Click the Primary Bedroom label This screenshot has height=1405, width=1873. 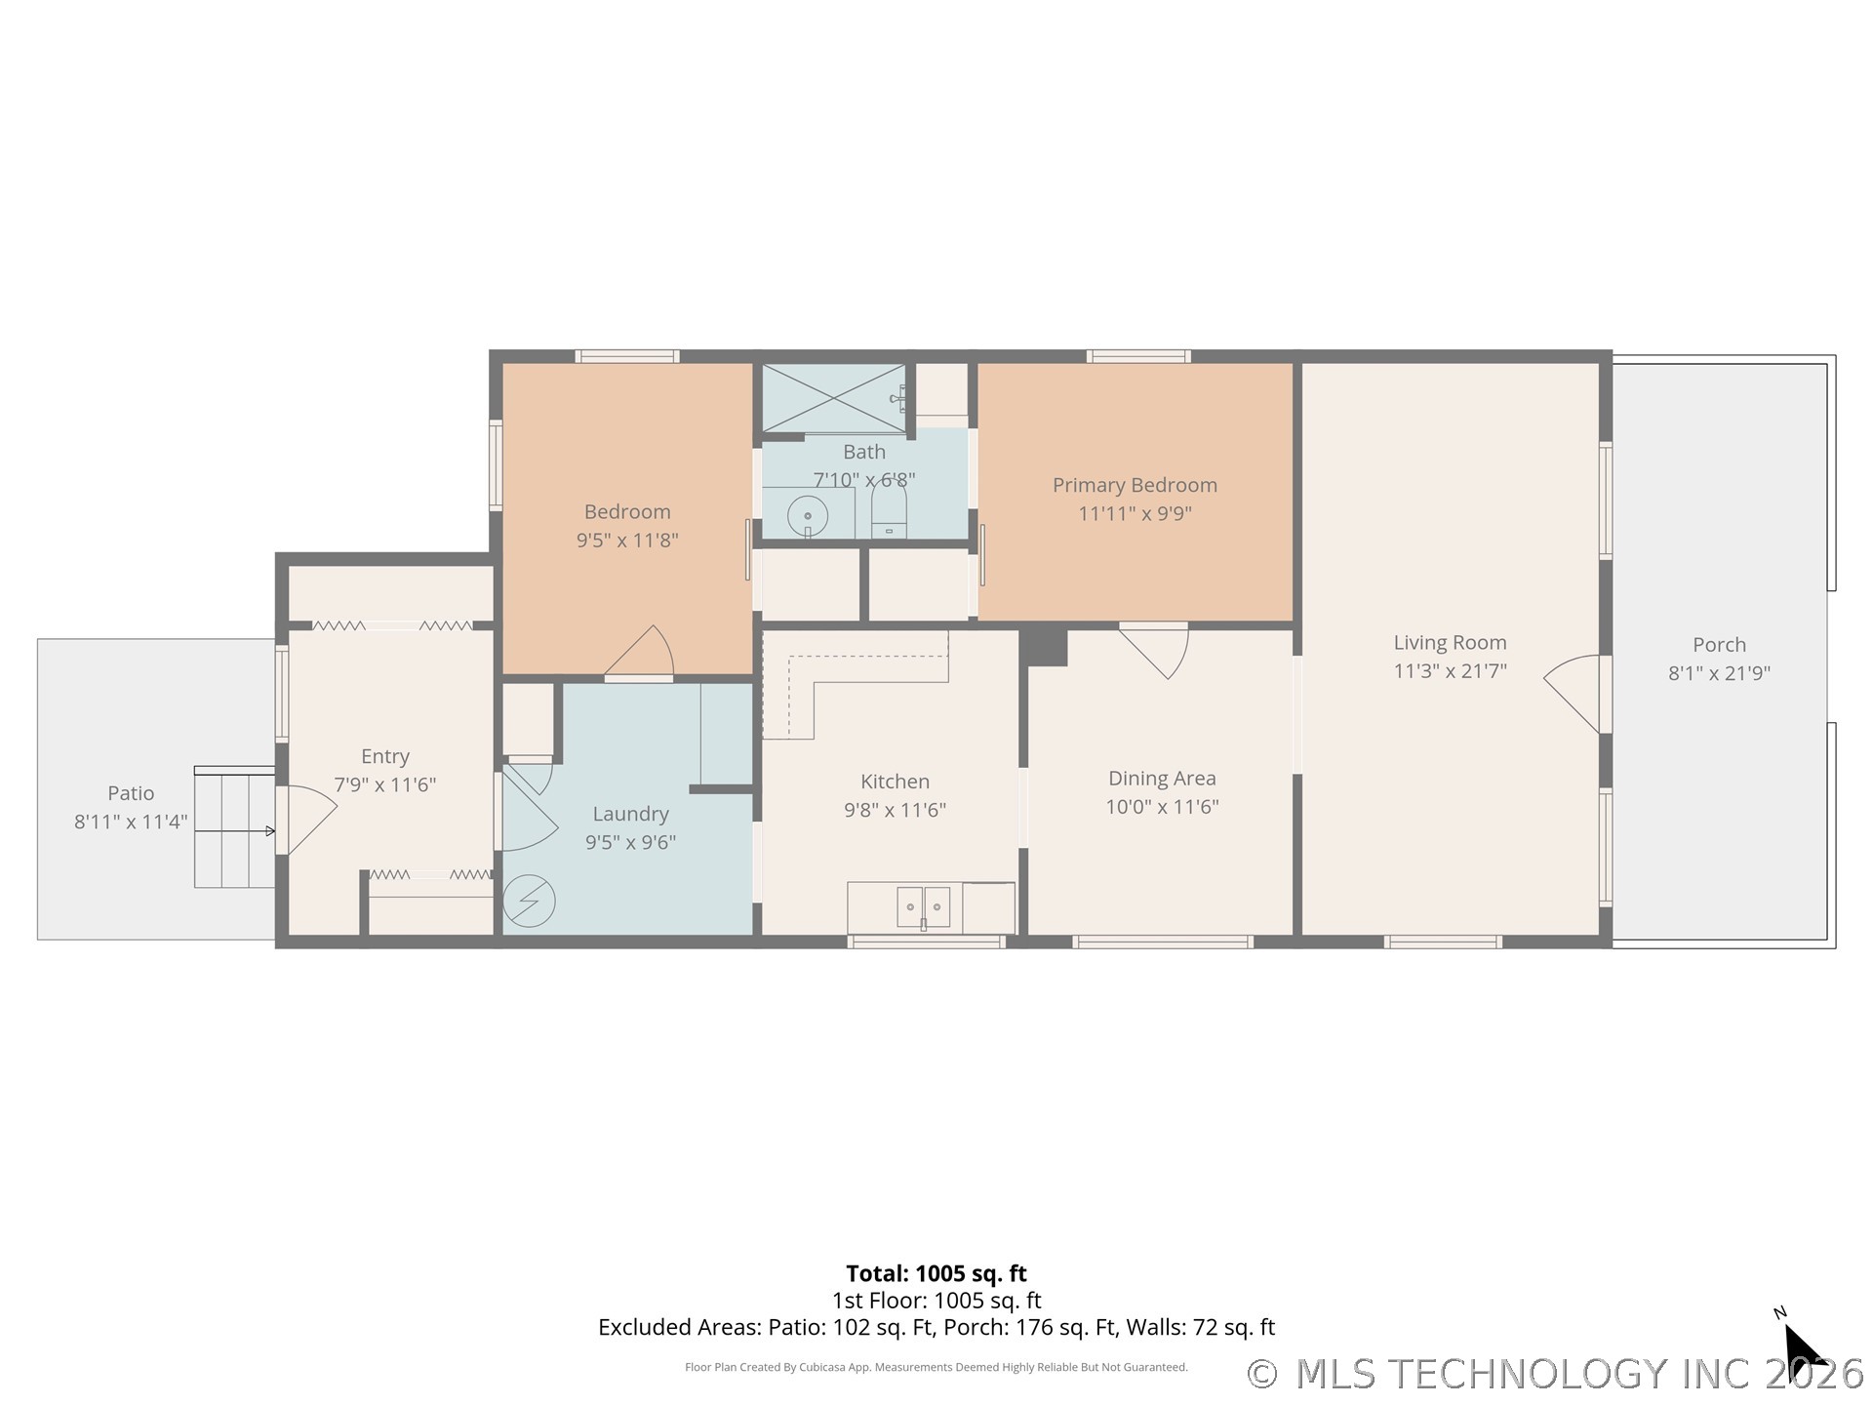click(1134, 485)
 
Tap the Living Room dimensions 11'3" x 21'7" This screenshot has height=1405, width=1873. click(1450, 670)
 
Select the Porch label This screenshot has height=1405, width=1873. click(1718, 644)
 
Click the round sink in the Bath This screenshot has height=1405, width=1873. click(807, 515)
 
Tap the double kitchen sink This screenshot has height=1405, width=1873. click(923, 907)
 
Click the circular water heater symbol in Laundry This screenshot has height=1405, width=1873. click(529, 901)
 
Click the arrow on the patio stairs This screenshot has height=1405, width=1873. click(269, 831)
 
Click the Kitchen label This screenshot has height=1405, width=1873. click(895, 782)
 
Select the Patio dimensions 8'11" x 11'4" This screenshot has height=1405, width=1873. click(131, 822)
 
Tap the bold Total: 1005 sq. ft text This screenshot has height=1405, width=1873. click(936, 1273)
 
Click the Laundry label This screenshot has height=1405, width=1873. click(630, 814)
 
